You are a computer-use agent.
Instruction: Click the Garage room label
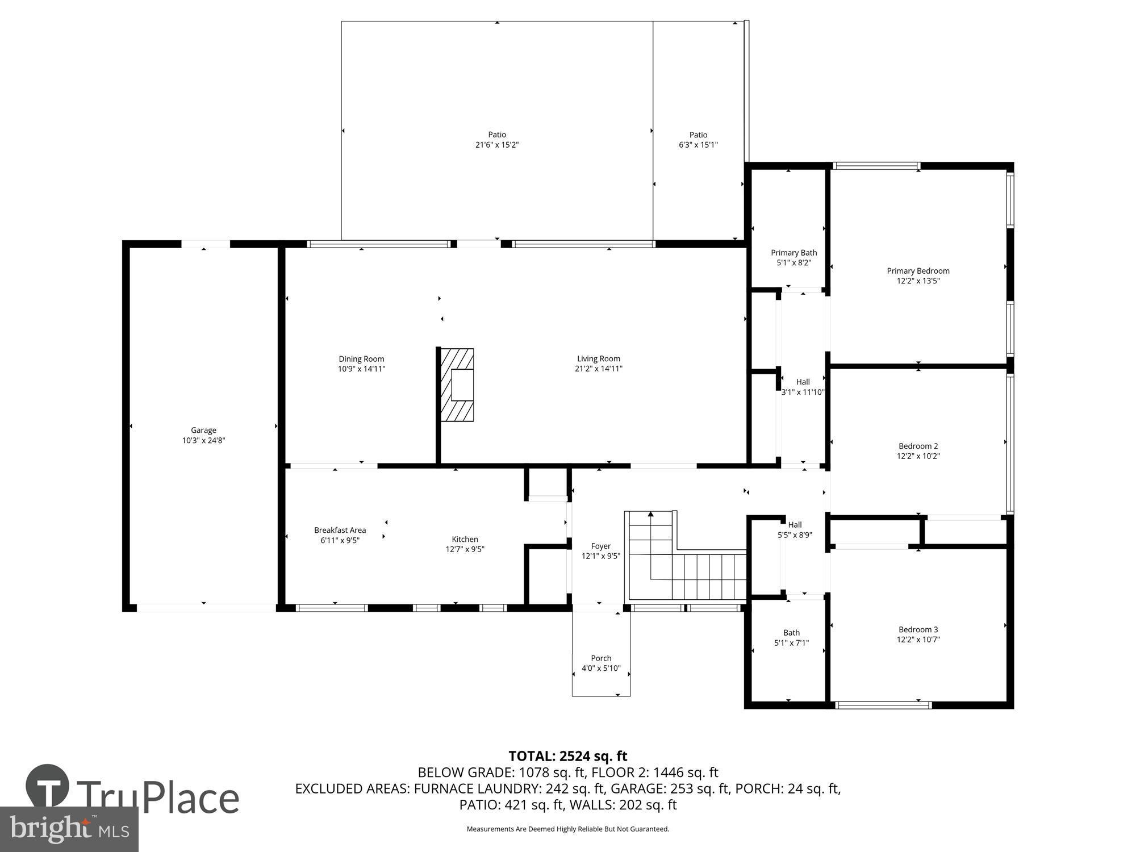[x=203, y=431]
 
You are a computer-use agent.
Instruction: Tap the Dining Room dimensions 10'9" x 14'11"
[x=361, y=369]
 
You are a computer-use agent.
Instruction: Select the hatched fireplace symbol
[x=457, y=385]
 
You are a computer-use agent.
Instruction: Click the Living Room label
[x=598, y=358]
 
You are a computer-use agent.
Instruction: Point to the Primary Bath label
[x=793, y=253]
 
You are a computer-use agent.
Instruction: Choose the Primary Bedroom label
[x=918, y=271]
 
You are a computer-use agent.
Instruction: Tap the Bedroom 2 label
[x=918, y=446]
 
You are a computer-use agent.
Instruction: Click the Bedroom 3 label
[x=918, y=629]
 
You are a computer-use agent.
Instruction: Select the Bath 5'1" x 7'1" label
[x=791, y=638]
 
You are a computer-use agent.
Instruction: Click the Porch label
[x=601, y=658]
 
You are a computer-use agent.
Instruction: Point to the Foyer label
[x=600, y=546]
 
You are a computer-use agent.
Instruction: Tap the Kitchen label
[x=465, y=539]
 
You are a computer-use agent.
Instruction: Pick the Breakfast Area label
[x=340, y=530]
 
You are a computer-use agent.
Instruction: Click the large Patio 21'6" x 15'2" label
[x=497, y=140]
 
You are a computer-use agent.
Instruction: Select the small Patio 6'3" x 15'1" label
[x=698, y=140]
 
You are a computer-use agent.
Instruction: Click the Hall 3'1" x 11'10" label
[x=803, y=387]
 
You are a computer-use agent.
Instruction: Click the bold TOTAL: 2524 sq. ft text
[x=567, y=756]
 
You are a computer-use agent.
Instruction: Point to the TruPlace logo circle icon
[x=48, y=787]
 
